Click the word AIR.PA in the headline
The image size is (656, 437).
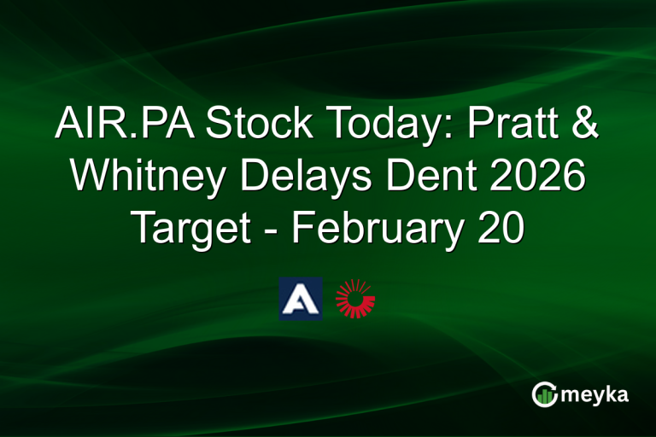[x=118, y=126]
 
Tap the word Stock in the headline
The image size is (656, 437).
[x=249, y=126]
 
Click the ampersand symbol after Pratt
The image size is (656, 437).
[x=586, y=126]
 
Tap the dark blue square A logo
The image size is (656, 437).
[x=300, y=298]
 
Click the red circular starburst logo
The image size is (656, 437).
[x=355, y=298]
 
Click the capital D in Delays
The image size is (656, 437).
[x=248, y=178]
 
